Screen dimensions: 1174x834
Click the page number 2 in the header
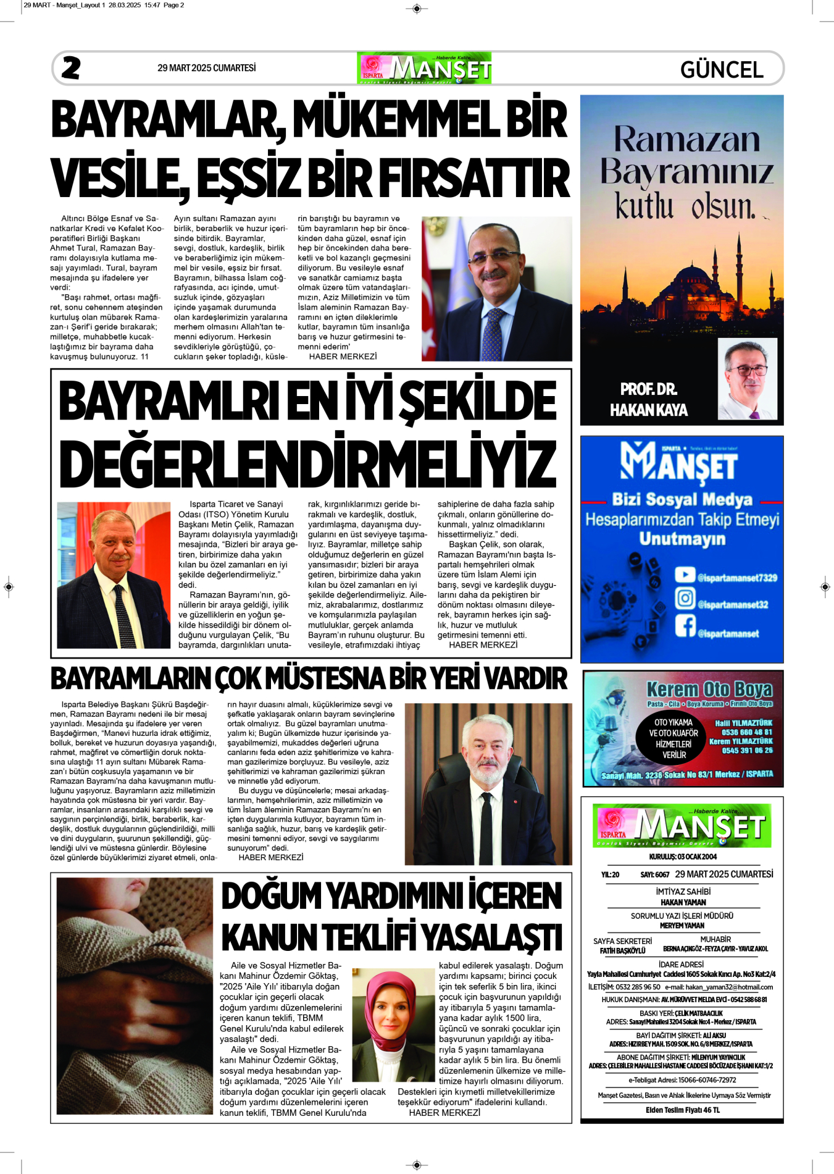(71, 68)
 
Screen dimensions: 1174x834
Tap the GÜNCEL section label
(722, 69)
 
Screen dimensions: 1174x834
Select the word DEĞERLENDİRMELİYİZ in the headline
(307, 464)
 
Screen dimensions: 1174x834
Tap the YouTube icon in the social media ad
(685, 575)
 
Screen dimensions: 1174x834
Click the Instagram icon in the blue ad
(685, 598)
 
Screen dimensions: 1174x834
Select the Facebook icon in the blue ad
(685, 625)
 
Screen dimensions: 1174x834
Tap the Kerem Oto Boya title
(709, 689)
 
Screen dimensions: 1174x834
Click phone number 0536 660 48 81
(747, 732)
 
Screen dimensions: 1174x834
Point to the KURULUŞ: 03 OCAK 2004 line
(683, 857)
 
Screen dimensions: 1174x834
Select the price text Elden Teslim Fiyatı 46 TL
(683, 1110)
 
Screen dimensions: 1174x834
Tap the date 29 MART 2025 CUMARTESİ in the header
(206, 68)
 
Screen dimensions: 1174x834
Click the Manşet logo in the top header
(424, 68)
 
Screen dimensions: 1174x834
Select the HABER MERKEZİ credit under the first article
(343, 357)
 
